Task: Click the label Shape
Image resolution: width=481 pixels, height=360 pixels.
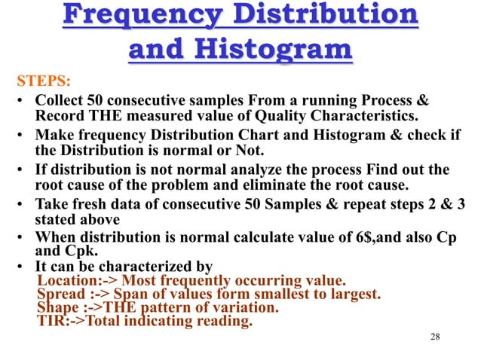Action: pyautogui.click(x=57, y=309)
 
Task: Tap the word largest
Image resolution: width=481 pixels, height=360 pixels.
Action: pyautogui.click(x=354, y=294)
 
